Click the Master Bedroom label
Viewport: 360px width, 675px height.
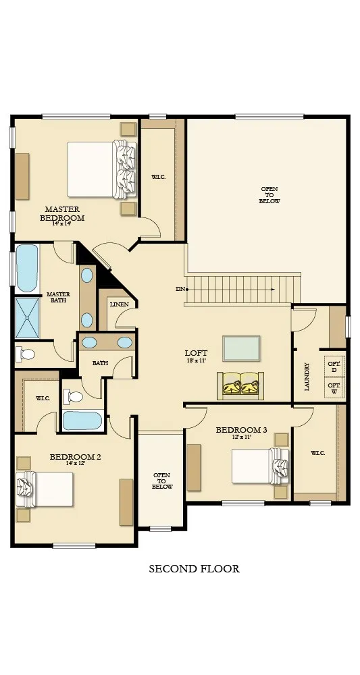click(x=62, y=213)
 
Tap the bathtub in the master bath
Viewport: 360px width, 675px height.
click(x=27, y=268)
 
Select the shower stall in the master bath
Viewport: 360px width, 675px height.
click(x=27, y=318)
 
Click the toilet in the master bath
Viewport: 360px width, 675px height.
click(x=26, y=354)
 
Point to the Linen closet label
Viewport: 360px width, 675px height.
click(x=120, y=304)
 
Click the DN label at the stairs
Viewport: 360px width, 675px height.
click(x=180, y=289)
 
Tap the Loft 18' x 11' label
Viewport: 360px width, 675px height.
click(x=196, y=356)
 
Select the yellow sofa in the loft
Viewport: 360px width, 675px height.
click(x=240, y=385)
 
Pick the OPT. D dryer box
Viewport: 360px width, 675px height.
click(x=334, y=367)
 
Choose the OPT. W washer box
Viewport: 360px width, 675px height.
click(x=334, y=387)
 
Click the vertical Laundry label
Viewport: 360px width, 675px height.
click(x=307, y=377)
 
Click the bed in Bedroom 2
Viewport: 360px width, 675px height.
click(x=45, y=489)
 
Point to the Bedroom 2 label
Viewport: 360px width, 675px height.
click(x=76, y=460)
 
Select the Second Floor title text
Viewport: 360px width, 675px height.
click(x=195, y=568)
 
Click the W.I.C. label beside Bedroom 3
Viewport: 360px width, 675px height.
click(x=318, y=453)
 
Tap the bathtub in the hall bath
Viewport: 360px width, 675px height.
click(x=82, y=421)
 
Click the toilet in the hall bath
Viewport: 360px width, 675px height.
click(x=73, y=396)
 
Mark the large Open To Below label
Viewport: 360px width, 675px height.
click(x=269, y=195)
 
